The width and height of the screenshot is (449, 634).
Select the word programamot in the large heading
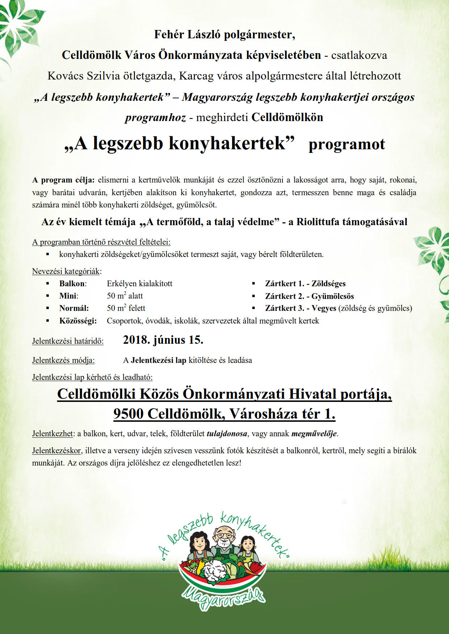pyautogui.click(x=347, y=144)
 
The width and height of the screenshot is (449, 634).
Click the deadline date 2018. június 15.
pyautogui.click(x=163, y=340)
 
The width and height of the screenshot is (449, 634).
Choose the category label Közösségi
pyautogui.click(x=78, y=321)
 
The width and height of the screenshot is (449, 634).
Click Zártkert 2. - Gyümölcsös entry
pyautogui.click(x=309, y=296)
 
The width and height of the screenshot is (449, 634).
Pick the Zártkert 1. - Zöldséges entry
pyautogui.click(x=305, y=284)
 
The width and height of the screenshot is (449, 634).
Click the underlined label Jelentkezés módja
pyautogui.click(x=63, y=360)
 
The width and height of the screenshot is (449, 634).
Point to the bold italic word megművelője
pyautogui.click(x=314, y=433)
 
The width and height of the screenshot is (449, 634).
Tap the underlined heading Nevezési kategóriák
pyautogui.click(x=67, y=271)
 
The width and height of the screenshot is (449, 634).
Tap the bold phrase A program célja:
pyautogui.click(x=63, y=180)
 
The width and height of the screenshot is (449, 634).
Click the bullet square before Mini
pyautogui.click(x=47, y=296)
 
